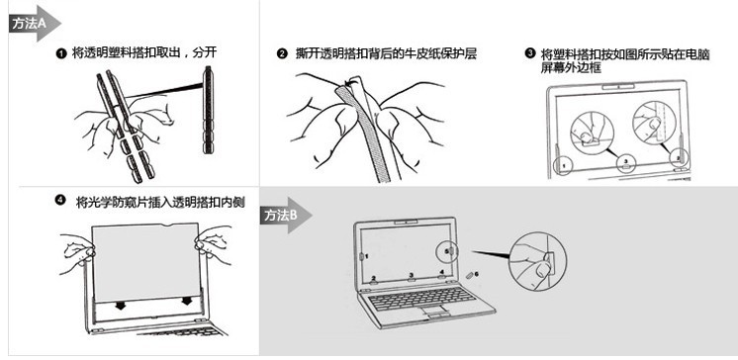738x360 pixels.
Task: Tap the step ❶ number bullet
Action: point(60,53)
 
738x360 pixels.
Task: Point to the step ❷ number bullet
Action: point(282,53)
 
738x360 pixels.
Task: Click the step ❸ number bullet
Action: point(530,52)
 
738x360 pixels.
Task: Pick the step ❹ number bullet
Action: point(60,200)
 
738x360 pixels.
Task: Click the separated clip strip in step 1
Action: point(208,111)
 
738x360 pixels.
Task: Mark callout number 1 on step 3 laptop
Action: point(563,166)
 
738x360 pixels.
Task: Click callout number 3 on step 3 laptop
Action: point(626,161)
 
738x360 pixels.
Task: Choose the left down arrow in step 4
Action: point(121,306)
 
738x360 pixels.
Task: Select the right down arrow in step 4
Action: point(186,301)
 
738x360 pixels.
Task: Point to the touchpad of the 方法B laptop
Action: point(435,312)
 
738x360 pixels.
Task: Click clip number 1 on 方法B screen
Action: point(361,256)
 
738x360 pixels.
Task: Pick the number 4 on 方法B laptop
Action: point(441,272)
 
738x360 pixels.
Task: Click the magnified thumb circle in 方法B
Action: point(538,260)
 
